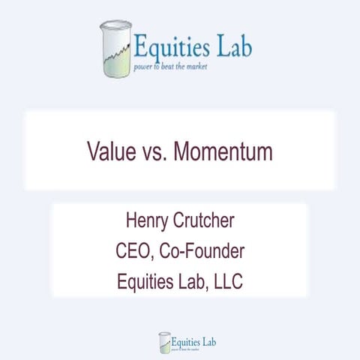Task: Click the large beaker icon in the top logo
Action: coord(115,49)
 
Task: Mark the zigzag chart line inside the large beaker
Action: coord(115,54)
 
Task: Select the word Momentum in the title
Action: coord(223,151)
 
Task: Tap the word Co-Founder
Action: coord(202,251)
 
